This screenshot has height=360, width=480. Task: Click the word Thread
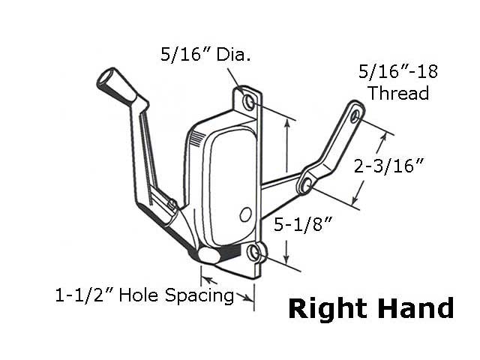tap(398, 94)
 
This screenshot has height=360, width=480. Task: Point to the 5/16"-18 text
tap(397, 73)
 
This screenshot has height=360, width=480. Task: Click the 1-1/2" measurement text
tap(85, 295)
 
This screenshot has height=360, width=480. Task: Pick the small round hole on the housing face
tap(244, 215)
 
